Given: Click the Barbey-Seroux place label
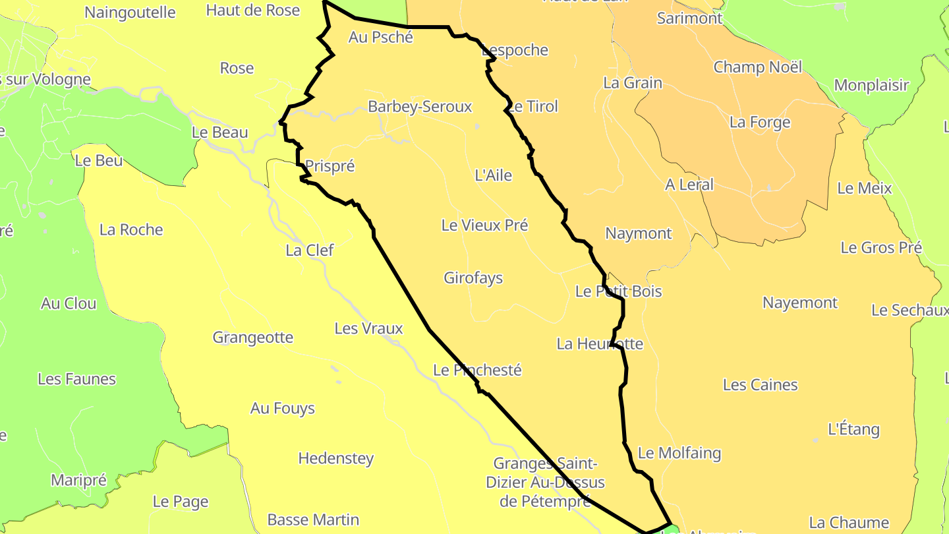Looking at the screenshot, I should point(420,107).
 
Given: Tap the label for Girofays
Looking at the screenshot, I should point(473,278).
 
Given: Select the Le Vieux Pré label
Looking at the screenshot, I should point(484,225).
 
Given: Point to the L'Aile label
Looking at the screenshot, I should point(493,175).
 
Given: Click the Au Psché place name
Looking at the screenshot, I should point(381,38).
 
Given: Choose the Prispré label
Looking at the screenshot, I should point(330,166).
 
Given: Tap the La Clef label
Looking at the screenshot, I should point(310,251).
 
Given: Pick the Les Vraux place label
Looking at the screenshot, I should point(368,328).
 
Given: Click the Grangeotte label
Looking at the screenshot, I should point(252,338).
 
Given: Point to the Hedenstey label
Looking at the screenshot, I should point(336,458).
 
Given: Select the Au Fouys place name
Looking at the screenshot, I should point(283,409).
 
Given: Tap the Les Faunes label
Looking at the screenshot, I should point(76,379).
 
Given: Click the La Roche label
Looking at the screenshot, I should point(131,230).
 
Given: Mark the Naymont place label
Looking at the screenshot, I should point(638,233).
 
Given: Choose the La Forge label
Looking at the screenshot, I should point(760,123).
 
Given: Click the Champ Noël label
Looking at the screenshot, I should point(758,67).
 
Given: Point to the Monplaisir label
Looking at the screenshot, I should point(871,86).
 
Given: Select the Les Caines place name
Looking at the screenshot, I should point(760,385).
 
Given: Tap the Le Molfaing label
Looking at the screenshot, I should point(679,454).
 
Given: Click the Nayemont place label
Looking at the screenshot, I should point(800,303).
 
